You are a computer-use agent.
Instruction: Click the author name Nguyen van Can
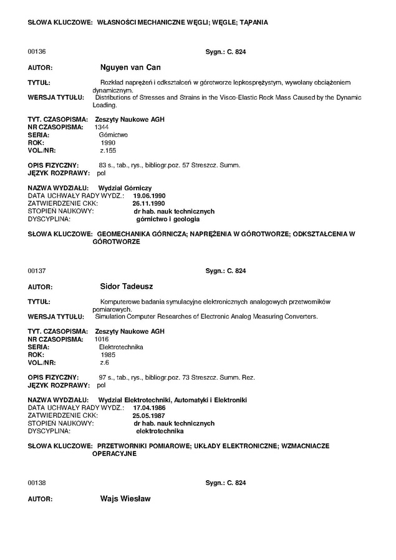pyautogui.click(x=131, y=67)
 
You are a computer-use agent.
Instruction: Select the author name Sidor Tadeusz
pyautogui.click(x=127, y=287)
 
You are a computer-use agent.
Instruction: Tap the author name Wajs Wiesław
pyautogui.click(x=125, y=500)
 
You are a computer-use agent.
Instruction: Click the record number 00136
pyautogui.click(x=37, y=52)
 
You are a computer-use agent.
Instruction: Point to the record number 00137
pyautogui.click(x=37, y=271)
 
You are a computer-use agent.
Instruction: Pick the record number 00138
pyautogui.click(x=37, y=483)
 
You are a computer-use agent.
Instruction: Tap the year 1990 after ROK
pyautogui.click(x=108, y=142)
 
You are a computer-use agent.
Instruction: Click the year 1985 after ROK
pyautogui.click(x=108, y=355)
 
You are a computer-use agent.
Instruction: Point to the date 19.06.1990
pyautogui.click(x=149, y=196)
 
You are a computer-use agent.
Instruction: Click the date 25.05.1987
pyautogui.click(x=148, y=415)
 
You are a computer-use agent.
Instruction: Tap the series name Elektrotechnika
pyautogui.click(x=117, y=347)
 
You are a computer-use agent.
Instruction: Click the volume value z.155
pyautogui.click(x=108, y=150)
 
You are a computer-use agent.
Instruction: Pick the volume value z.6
pyautogui.click(x=104, y=362)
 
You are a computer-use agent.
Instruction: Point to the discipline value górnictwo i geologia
pyautogui.click(x=168, y=220)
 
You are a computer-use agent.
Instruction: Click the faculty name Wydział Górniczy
pyautogui.click(x=125, y=188)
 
